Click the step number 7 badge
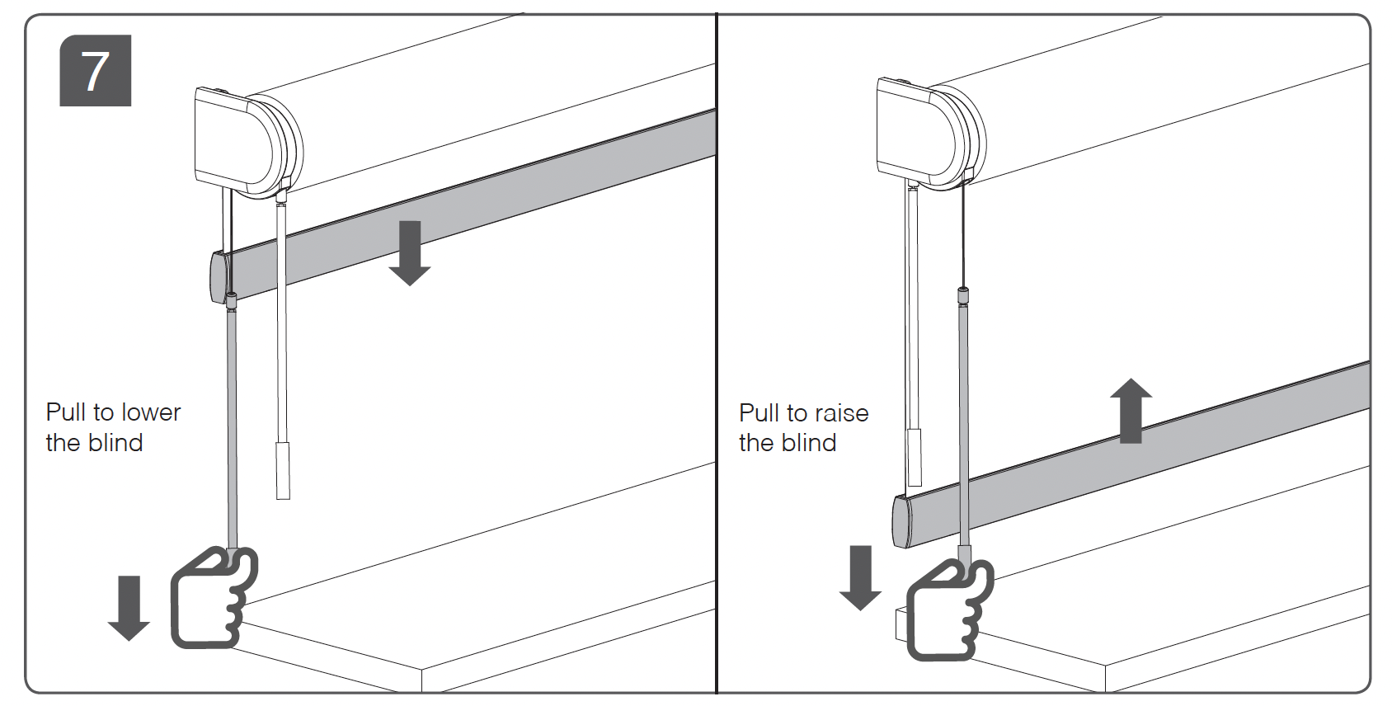tap(96, 71)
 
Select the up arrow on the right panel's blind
tap(1131, 410)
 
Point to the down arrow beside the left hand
tap(129, 608)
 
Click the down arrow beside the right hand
tap(860, 577)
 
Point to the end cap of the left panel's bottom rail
tap(218, 278)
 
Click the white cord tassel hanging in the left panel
tap(283, 470)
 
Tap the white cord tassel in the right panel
tap(914, 456)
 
